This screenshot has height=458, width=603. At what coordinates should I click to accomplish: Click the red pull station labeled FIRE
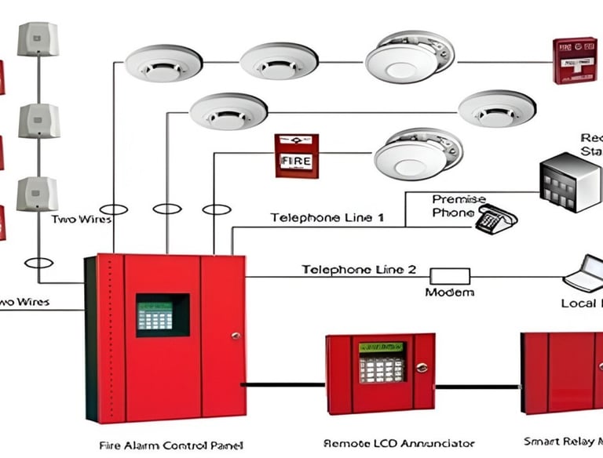point(297,155)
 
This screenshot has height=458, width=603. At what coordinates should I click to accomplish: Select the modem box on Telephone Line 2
point(449,276)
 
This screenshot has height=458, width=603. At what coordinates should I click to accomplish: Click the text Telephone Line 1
point(327,217)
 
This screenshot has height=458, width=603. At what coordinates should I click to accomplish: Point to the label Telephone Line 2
point(359,269)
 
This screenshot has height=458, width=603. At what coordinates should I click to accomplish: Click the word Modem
point(449,293)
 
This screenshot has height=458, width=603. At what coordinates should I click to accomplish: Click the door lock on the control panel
point(235,335)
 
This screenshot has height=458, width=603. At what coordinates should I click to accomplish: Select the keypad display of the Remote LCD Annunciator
point(382,362)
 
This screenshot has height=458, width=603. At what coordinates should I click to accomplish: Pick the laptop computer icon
point(586,274)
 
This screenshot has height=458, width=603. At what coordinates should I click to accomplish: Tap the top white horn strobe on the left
point(38,39)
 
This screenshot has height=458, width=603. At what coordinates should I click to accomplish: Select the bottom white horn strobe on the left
point(38,194)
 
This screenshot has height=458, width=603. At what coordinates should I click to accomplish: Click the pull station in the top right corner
point(575,60)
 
